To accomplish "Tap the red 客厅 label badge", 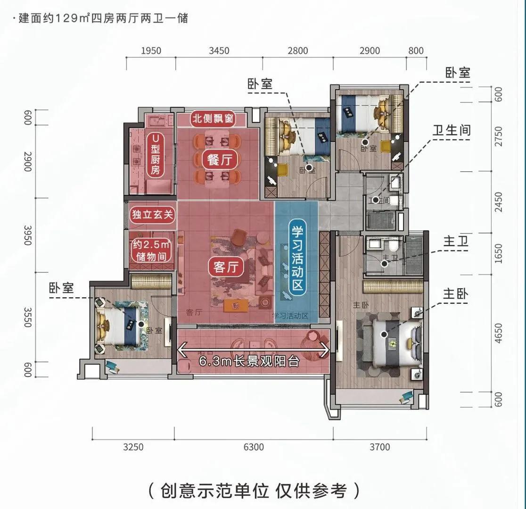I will (x=225, y=267).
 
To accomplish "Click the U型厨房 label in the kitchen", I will (x=154, y=154).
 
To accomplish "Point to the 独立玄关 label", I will (x=153, y=216).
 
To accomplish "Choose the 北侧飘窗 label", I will (x=212, y=118).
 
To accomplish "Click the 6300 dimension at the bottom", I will (x=254, y=447).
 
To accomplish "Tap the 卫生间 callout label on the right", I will (x=452, y=131).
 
